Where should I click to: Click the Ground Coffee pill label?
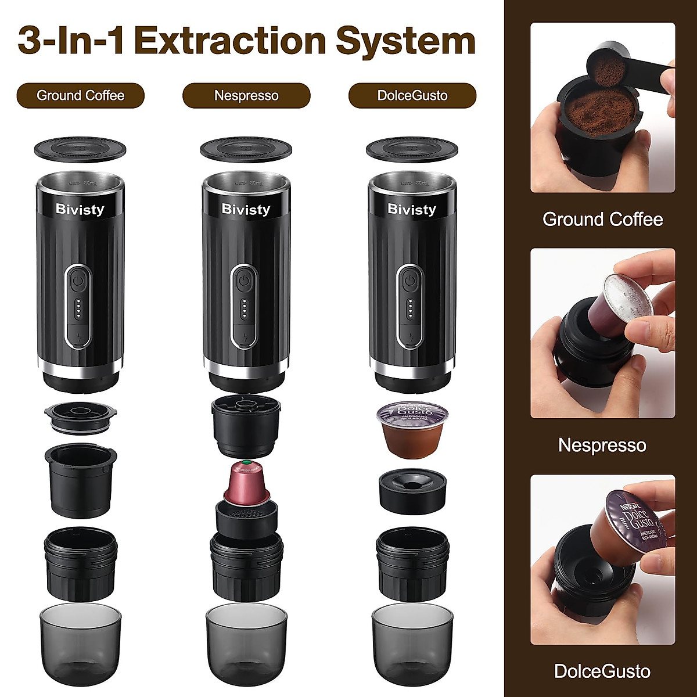80,96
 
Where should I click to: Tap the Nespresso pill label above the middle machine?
246,96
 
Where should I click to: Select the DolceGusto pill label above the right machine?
412,96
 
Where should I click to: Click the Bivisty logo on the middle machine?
246,209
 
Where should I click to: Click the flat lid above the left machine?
80,149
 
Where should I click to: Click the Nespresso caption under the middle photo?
602,445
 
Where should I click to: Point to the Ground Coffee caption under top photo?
602,220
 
